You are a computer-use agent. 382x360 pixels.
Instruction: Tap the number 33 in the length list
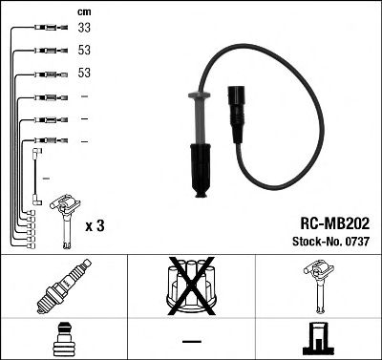point(84,29)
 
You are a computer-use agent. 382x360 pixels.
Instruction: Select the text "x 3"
point(95,225)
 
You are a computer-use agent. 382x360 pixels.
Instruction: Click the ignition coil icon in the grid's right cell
point(318,287)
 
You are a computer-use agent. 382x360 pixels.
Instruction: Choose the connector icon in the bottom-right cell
point(318,339)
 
